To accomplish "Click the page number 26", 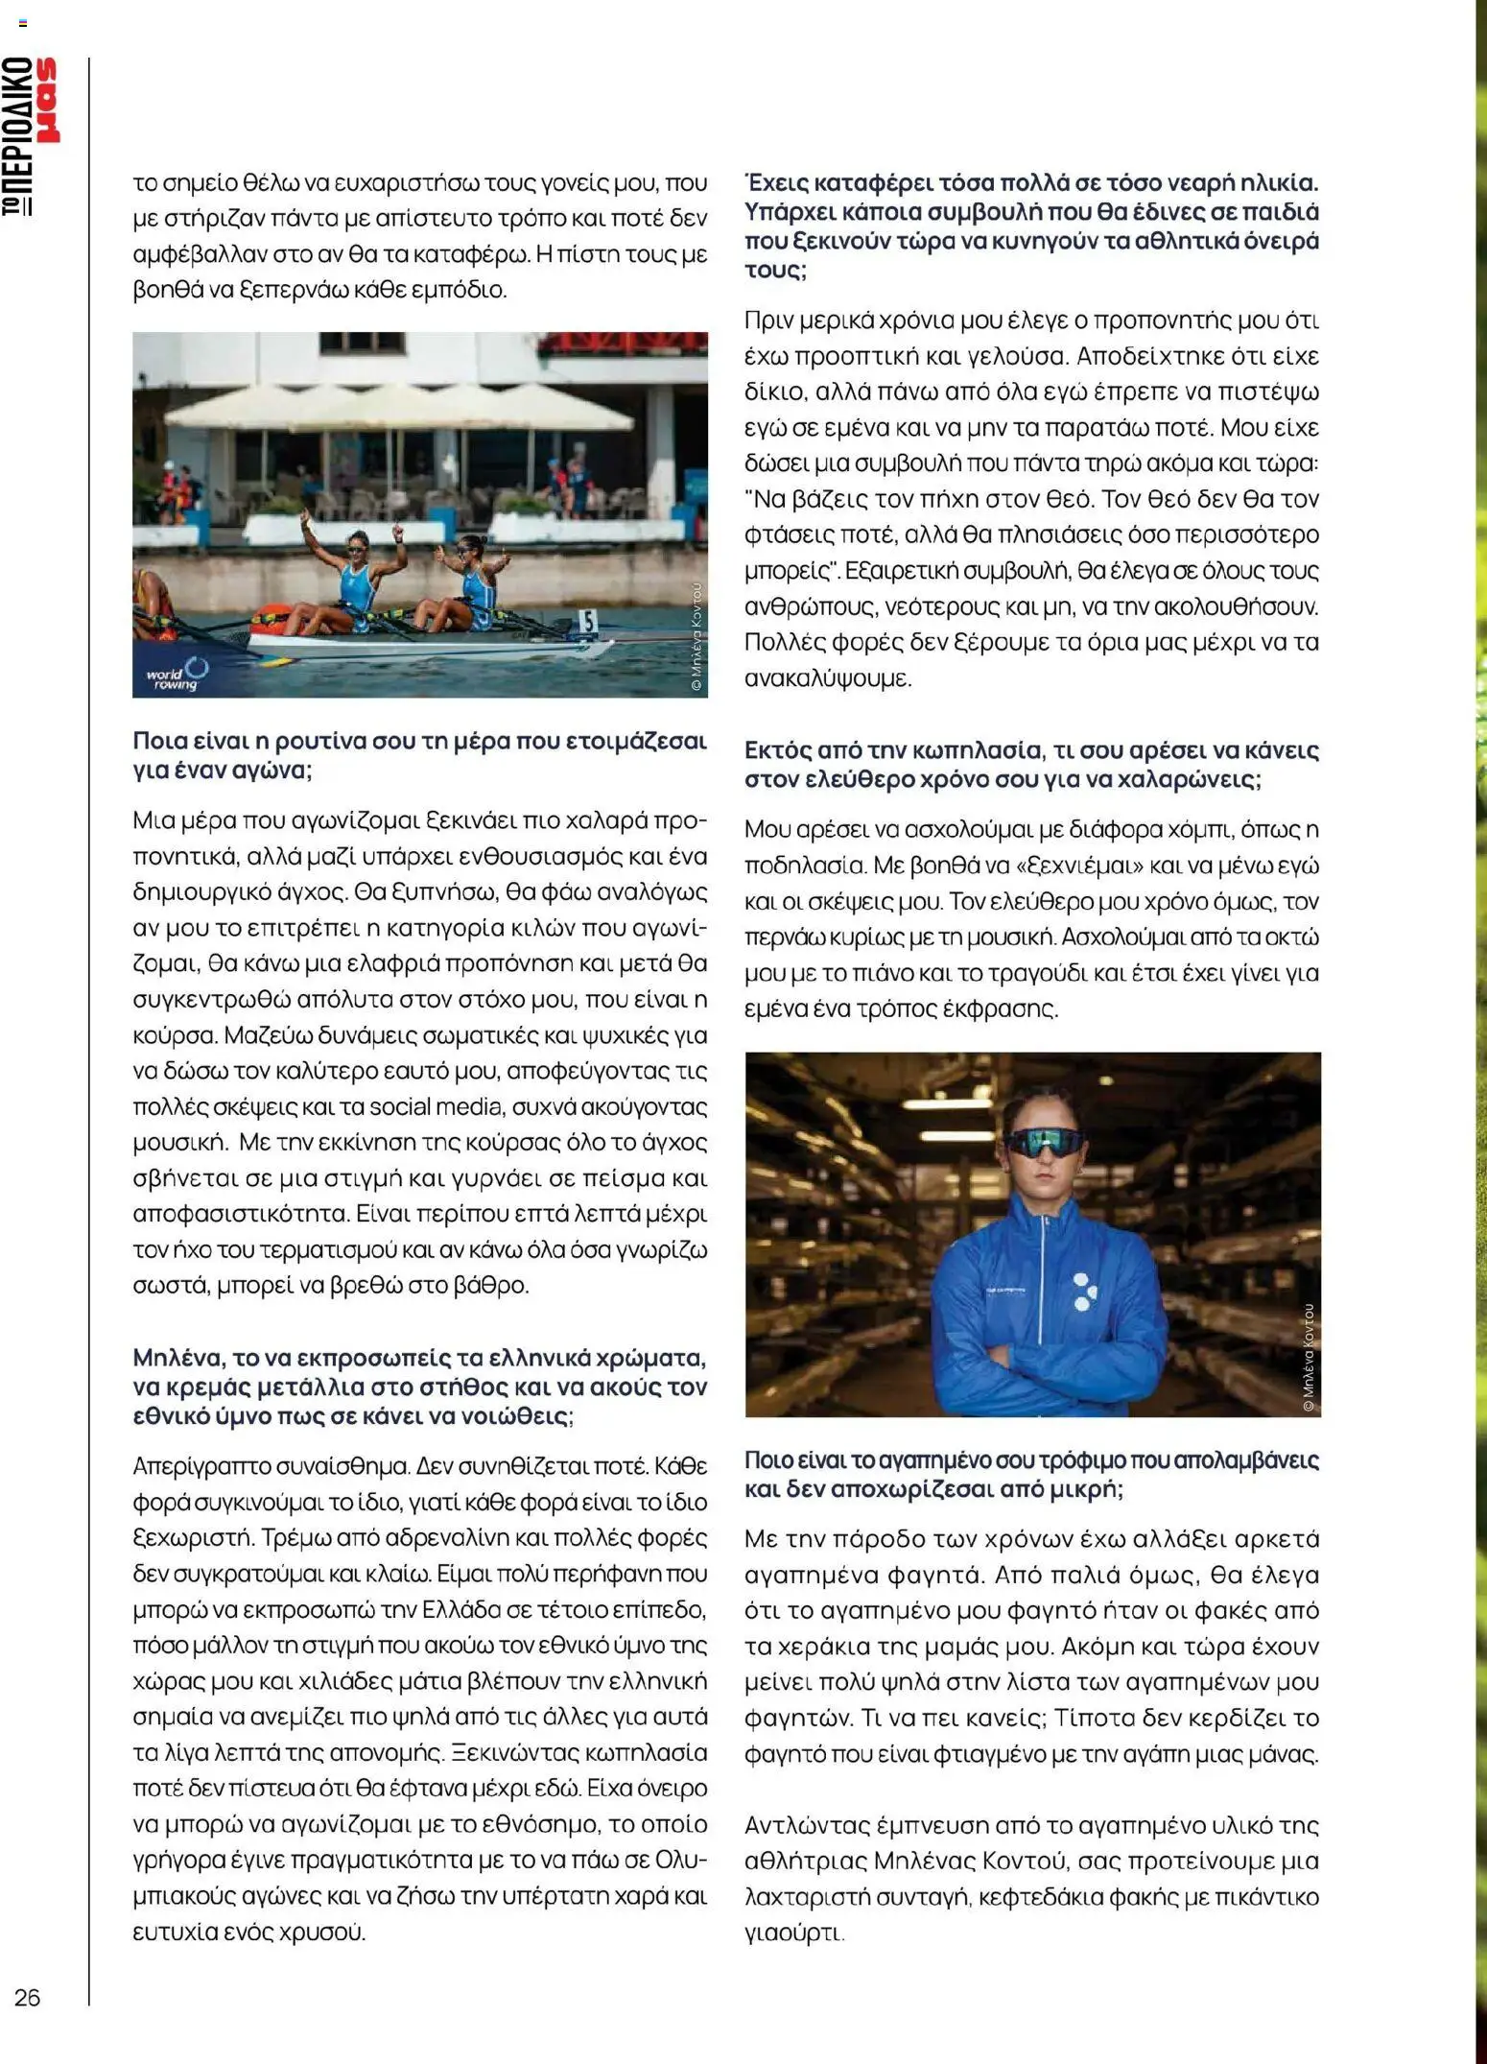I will [27, 1997].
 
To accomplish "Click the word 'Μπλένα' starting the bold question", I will [180, 1357].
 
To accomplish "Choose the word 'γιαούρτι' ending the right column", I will [792, 1933].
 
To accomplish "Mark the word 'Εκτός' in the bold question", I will [776, 749].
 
